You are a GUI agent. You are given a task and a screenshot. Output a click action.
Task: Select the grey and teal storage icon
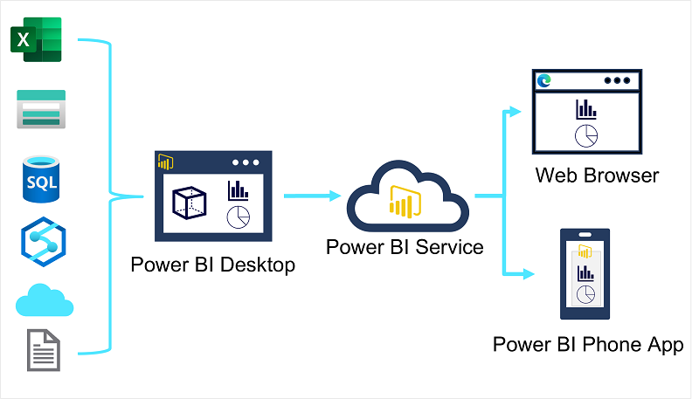pos(41,108)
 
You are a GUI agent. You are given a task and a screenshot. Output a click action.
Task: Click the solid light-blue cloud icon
pos(44,300)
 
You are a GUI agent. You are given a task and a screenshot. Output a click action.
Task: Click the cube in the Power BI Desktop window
pos(189,203)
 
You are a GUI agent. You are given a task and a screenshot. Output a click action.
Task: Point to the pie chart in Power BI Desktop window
pos(238,217)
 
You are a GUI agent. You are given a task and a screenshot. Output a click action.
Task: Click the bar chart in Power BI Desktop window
pos(237,190)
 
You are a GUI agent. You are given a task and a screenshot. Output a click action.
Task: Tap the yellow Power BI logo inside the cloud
pos(403,202)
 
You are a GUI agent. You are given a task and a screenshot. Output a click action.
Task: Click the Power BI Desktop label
pos(212,265)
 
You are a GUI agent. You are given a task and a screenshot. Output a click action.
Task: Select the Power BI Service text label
pos(405,247)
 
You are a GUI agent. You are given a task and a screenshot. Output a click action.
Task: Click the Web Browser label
pos(597,175)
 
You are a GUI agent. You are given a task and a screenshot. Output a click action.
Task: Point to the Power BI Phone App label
pos(588,344)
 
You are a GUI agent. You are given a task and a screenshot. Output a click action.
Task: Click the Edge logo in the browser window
pos(544,80)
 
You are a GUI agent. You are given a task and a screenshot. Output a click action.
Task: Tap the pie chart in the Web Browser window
pos(585,135)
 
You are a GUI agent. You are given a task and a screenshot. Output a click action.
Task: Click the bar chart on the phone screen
pos(585,273)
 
